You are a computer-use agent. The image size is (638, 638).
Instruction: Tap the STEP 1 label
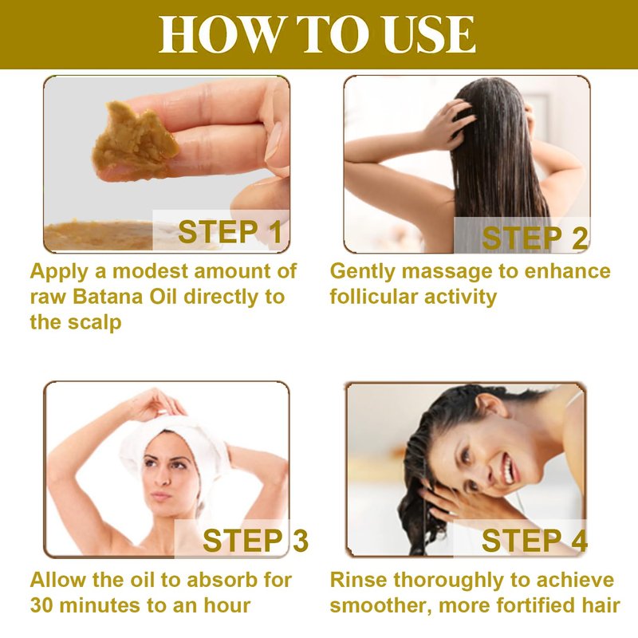(x=230, y=231)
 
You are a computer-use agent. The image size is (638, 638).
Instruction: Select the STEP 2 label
(x=534, y=238)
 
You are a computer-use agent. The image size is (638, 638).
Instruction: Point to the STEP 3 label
(x=255, y=541)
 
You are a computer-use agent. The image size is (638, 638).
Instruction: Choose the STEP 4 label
(x=534, y=541)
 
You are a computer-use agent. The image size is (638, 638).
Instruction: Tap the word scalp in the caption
(x=94, y=323)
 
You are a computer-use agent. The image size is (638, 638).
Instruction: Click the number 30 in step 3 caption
(x=44, y=605)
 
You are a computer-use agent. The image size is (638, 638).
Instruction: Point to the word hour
(x=227, y=605)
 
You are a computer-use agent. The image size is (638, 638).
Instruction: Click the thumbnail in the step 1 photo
(x=274, y=140)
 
